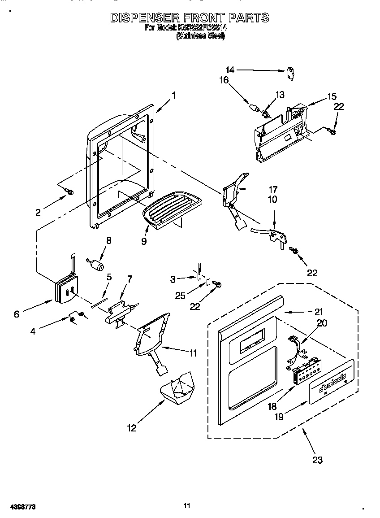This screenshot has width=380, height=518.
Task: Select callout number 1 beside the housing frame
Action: click(173, 95)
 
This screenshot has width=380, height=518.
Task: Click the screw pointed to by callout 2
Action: click(70, 192)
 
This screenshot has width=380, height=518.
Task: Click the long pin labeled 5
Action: click(100, 304)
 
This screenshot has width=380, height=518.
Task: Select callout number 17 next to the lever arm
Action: click(272, 189)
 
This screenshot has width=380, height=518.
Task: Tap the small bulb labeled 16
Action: click(255, 108)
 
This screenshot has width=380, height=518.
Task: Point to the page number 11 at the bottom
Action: click(187, 505)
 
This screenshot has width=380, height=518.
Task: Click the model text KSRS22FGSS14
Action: click(203, 27)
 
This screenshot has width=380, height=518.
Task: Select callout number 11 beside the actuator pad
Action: click(193, 353)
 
